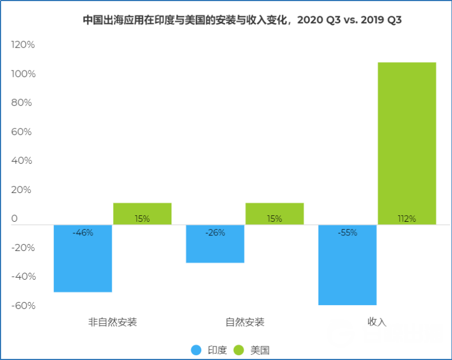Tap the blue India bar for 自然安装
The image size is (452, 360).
pyautogui.click(x=215, y=243)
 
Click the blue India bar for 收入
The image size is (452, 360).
pyautogui.click(x=347, y=265)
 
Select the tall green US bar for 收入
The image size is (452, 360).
pyautogui.click(x=407, y=143)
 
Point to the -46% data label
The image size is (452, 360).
pyautogui.click(x=83, y=233)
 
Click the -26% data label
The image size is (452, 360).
pyautogui.click(x=215, y=233)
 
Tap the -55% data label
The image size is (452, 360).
pyautogui.click(x=347, y=233)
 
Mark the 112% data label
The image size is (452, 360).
pyautogui.click(x=406, y=219)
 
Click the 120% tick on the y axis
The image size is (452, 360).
pyautogui.click(x=23, y=45)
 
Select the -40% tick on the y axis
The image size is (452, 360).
pyautogui.click(x=23, y=277)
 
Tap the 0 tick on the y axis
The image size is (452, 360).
pyautogui.click(x=15, y=219)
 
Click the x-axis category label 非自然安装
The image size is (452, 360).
pyautogui.click(x=113, y=322)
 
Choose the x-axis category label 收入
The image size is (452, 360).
pyautogui.click(x=377, y=322)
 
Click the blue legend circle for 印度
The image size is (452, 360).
pyautogui.click(x=196, y=350)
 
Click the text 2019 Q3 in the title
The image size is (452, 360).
pyautogui.click(x=379, y=21)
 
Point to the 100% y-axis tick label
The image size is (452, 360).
pyautogui.click(x=23, y=74)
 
